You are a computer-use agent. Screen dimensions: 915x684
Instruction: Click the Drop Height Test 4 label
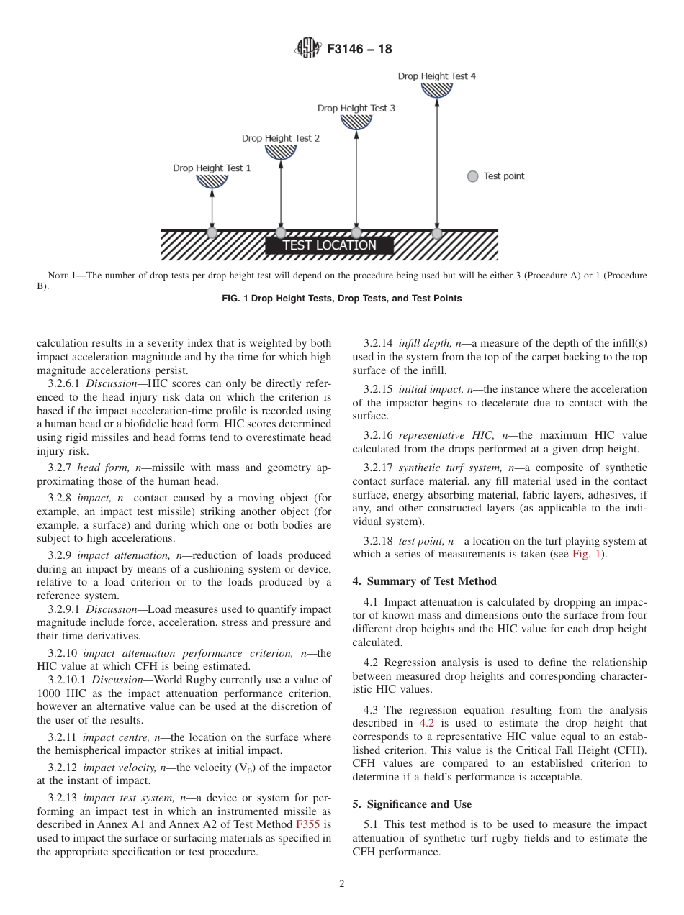(436, 76)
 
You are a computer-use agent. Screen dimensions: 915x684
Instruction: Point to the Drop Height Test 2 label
(281, 138)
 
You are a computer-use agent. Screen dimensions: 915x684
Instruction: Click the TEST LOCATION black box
(329, 245)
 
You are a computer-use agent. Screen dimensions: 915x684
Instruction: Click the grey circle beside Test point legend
(472, 176)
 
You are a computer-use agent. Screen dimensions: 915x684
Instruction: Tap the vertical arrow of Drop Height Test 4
(437, 165)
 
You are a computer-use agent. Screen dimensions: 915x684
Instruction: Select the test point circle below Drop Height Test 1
(212, 233)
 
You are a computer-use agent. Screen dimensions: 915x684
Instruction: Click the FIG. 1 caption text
(342, 299)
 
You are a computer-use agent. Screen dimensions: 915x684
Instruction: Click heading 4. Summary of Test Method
(424, 581)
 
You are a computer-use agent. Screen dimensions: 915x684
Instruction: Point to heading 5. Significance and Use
(412, 804)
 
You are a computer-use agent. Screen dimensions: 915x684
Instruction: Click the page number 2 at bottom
(342, 884)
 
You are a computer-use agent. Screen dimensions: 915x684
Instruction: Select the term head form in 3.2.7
(102, 468)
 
